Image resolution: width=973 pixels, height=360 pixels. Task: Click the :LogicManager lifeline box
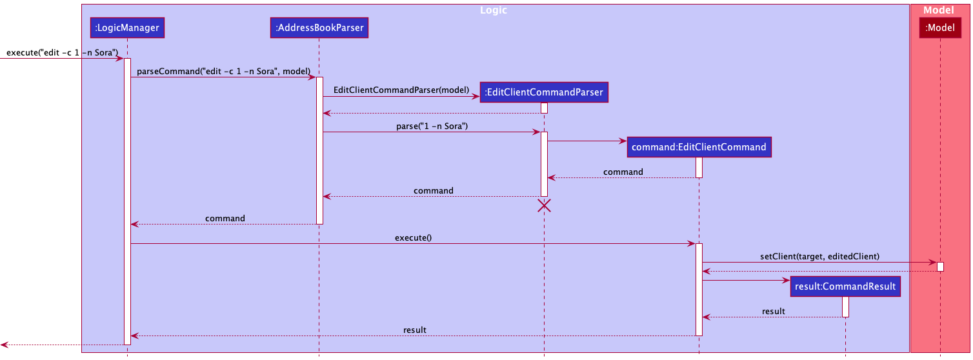(127, 28)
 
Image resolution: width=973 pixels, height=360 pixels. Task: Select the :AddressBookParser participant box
(319, 28)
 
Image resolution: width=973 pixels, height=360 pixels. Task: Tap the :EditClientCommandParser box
(543, 92)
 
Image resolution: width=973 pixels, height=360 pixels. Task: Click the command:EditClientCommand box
(699, 147)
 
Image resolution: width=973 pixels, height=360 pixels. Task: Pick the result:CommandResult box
(845, 286)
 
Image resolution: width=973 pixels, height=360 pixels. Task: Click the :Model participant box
(940, 28)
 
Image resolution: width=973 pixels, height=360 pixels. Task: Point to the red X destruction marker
(544, 206)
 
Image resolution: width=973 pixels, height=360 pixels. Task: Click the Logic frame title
(494, 10)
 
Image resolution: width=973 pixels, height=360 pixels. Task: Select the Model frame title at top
(938, 10)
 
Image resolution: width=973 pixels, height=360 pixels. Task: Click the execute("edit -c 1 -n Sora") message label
(62, 52)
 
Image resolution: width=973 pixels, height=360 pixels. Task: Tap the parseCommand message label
(223, 71)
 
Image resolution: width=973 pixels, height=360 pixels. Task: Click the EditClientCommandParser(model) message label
(401, 90)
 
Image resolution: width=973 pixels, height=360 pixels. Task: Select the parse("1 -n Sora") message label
(432, 126)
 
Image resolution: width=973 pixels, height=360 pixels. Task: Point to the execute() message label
(413, 237)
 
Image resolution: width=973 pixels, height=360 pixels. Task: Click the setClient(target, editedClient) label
(819, 256)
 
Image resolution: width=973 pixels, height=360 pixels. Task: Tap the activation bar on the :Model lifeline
(940, 266)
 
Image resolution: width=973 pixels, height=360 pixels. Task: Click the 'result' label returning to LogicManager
(415, 330)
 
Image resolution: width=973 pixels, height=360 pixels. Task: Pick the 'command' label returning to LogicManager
(225, 218)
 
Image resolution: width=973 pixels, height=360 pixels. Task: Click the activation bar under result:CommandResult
(845, 306)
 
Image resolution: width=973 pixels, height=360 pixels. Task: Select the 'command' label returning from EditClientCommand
(623, 172)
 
